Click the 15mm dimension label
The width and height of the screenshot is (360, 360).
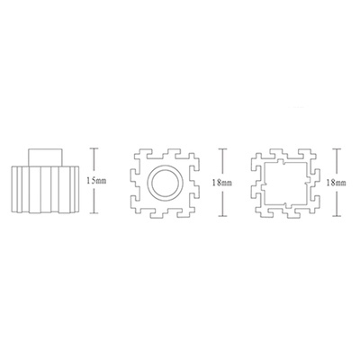click(96, 181)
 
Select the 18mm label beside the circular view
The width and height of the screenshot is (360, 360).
click(222, 183)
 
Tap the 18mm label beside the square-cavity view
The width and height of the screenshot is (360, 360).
click(336, 183)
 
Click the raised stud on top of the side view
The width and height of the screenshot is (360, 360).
click(45, 157)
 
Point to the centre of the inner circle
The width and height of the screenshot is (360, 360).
click(166, 183)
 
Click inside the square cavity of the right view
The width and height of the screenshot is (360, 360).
click(284, 183)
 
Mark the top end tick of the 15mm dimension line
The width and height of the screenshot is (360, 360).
click(94, 148)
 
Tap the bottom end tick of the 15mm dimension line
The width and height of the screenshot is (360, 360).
click(94, 213)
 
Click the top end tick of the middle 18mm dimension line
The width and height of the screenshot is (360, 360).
click(222, 148)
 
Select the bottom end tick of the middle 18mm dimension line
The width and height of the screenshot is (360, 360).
click(222, 216)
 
